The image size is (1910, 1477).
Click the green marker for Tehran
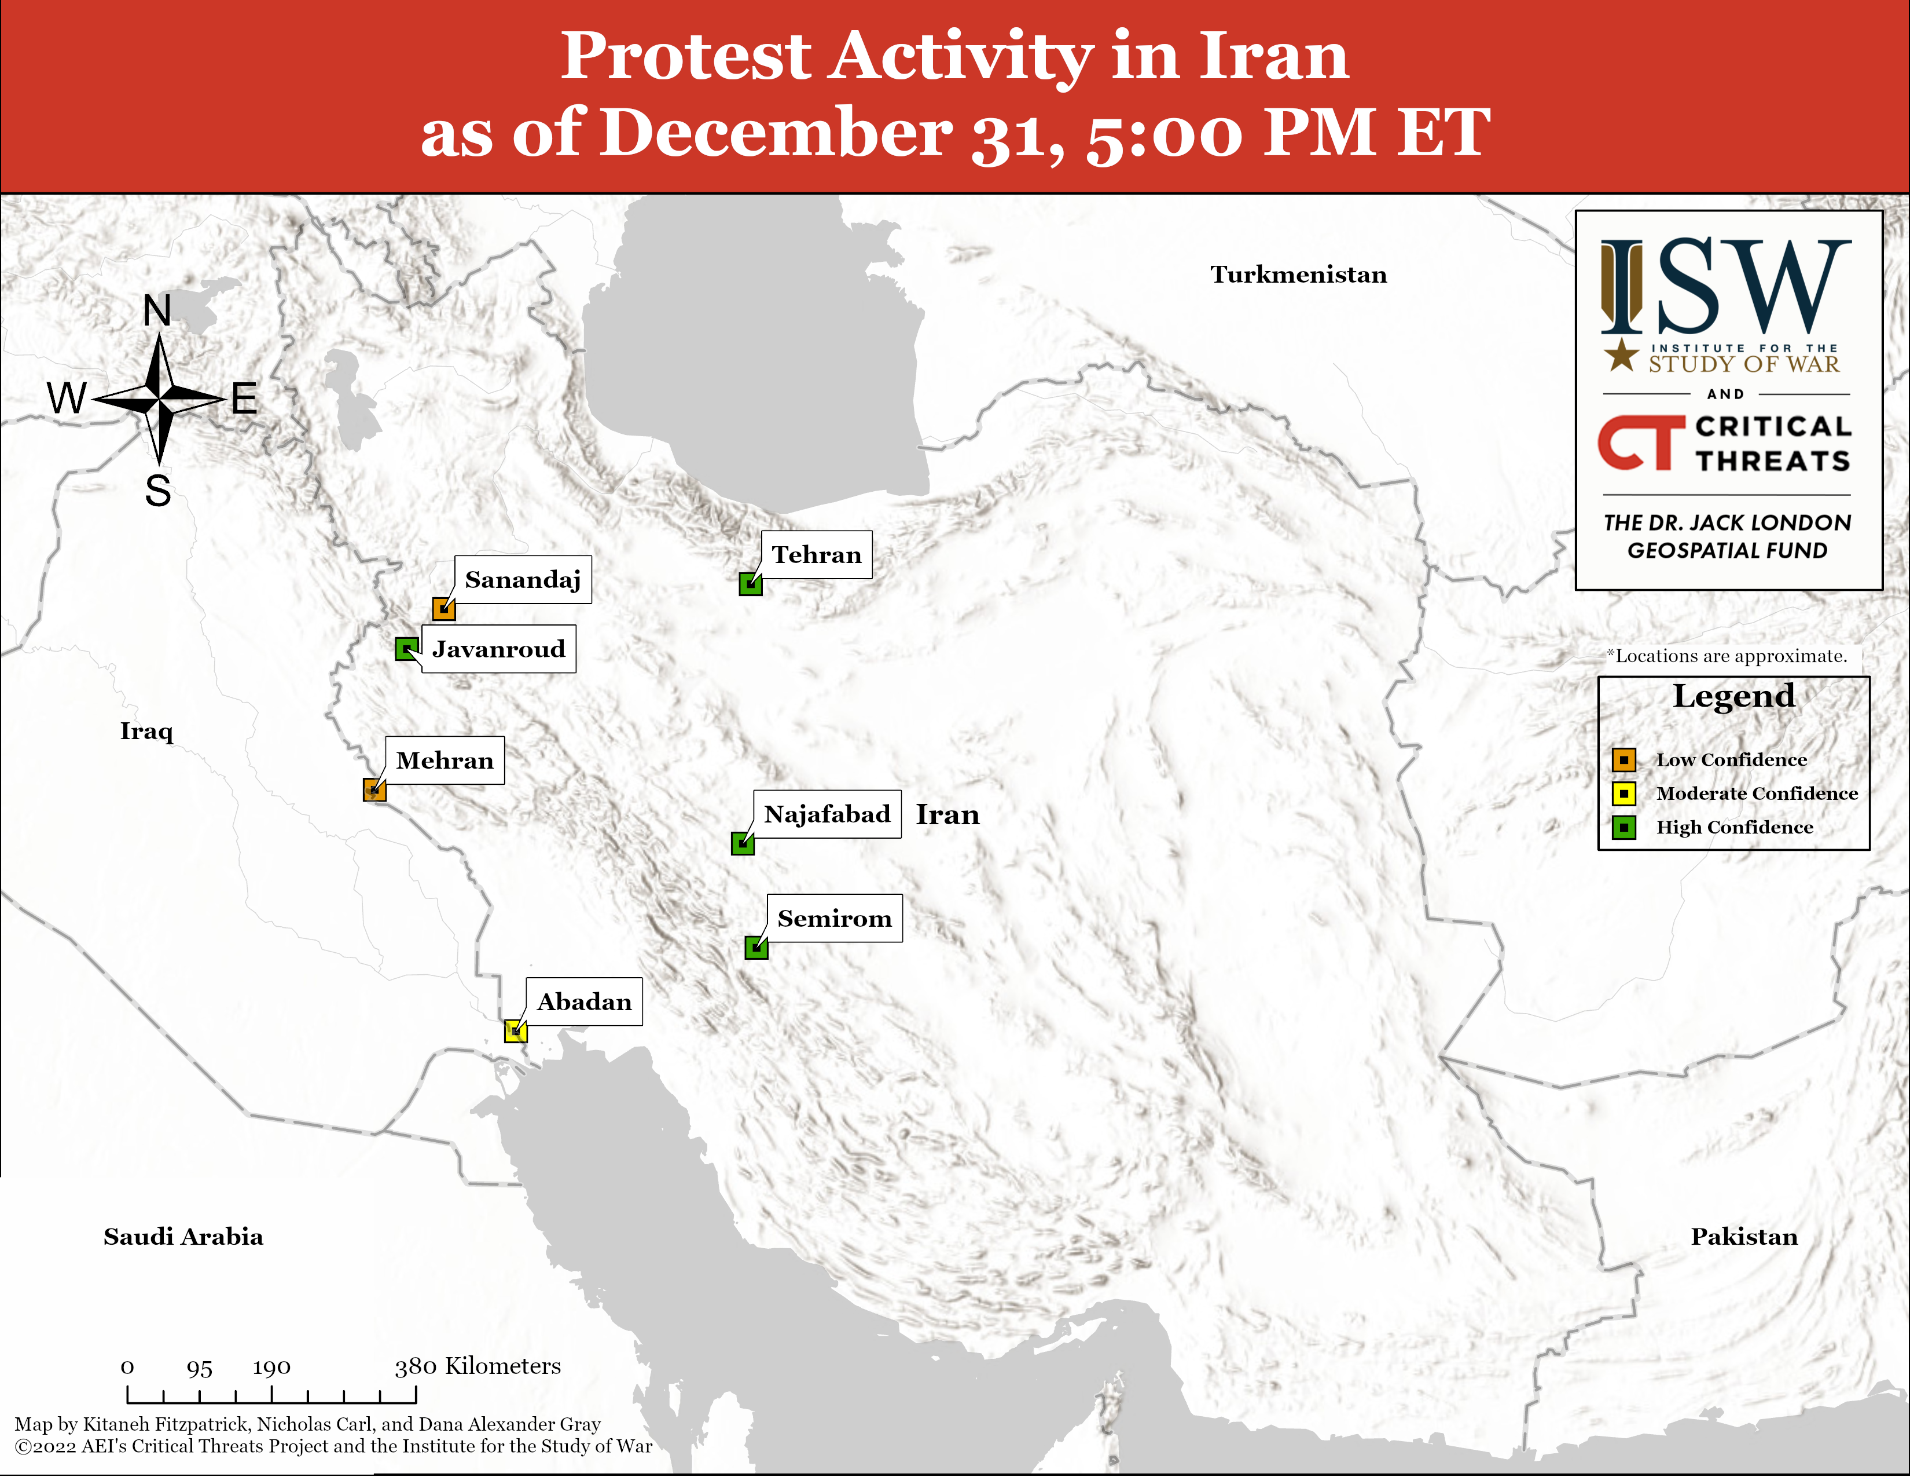(x=750, y=584)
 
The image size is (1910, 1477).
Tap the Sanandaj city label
(x=523, y=579)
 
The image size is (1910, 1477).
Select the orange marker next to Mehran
(x=374, y=790)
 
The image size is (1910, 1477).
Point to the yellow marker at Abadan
(x=516, y=1031)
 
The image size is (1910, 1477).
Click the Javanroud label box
(x=498, y=648)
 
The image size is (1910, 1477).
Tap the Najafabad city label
(x=827, y=814)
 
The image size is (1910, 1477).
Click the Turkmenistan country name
(x=1299, y=275)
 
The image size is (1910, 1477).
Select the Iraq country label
(x=147, y=732)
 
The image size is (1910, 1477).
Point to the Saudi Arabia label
(x=183, y=1237)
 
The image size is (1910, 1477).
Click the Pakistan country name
(x=1744, y=1237)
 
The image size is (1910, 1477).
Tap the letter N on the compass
(x=157, y=310)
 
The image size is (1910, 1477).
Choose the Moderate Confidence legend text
(x=1757, y=794)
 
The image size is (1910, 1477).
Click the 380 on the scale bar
(x=416, y=1367)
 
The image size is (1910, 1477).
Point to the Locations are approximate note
(x=1727, y=656)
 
